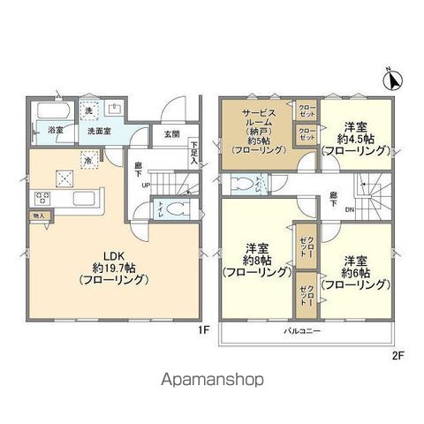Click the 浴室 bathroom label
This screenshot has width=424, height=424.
pos(55,132)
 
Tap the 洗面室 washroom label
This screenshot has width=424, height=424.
pos(97,132)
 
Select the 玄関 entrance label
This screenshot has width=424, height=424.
pos(171,134)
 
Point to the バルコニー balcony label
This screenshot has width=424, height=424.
pos(302,332)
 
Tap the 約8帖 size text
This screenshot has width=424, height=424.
pos(256,261)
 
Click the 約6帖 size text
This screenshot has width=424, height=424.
pos(357,273)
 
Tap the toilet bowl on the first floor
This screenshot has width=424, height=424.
pos(177,210)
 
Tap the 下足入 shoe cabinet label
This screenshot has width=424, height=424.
pos(193,152)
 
